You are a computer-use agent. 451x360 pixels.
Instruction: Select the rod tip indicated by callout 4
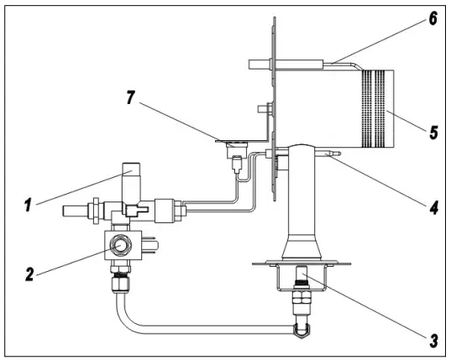(333, 154)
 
